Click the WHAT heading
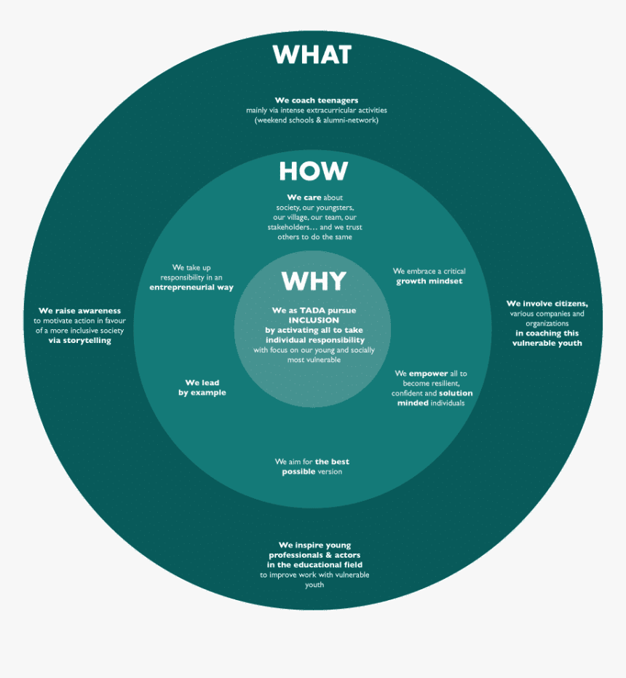click(312, 55)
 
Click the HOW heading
click(313, 172)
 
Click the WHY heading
click(314, 281)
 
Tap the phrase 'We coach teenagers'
click(317, 100)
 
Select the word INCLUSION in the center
click(314, 320)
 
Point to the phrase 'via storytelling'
click(79, 340)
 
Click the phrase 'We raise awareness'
click(79, 311)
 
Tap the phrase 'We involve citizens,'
click(547, 304)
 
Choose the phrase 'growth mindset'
click(429, 281)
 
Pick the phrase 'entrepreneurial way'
click(191, 288)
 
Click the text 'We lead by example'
click(202, 387)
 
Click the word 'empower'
click(428, 374)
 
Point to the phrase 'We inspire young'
click(314, 545)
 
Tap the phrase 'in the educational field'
click(314, 565)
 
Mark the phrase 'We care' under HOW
click(304, 197)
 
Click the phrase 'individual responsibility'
click(314, 340)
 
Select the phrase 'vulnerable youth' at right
click(547, 343)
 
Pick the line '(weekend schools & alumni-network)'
click(317, 120)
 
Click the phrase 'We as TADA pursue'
click(314, 311)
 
